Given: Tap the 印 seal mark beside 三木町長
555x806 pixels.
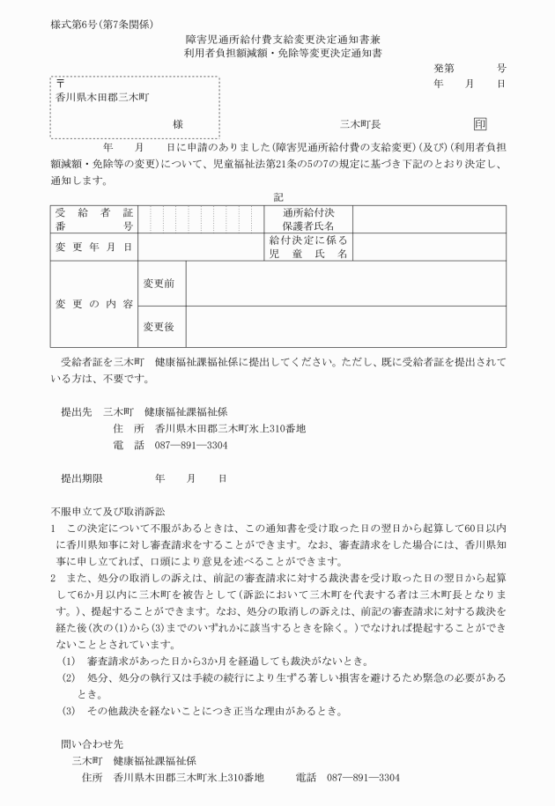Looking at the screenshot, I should (x=480, y=125).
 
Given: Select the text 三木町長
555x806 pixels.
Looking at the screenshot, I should (x=359, y=125).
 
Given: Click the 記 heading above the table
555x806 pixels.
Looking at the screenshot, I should (x=278, y=196).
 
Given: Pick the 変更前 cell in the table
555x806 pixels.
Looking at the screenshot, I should (x=159, y=283).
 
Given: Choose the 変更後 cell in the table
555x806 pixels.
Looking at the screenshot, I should (x=159, y=326).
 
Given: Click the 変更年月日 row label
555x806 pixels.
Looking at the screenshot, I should (x=93, y=247).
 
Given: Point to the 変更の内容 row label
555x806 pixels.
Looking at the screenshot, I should (x=93, y=304).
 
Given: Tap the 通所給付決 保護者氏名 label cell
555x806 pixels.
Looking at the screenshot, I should (x=308, y=219).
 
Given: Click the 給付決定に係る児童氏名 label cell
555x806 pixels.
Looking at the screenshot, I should (x=308, y=247).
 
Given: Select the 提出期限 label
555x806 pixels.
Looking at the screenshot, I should (x=82, y=478).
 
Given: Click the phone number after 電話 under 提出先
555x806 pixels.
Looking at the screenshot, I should (x=191, y=446).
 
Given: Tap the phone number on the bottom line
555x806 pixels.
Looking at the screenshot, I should (x=363, y=778).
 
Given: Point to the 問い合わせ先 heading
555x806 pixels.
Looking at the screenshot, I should (x=92, y=743).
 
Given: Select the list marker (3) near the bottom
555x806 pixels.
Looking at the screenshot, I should (x=68, y=711).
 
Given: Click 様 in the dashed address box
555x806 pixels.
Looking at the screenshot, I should (x=178, y=125).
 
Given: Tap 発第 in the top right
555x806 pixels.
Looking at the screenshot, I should (x=444, y=67).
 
